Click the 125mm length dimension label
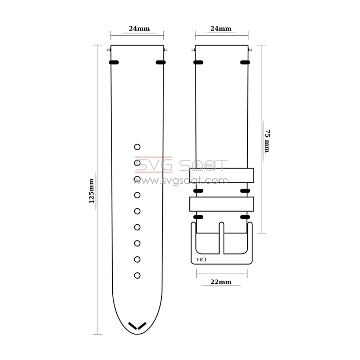91,191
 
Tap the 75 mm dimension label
267,141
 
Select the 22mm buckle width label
221,282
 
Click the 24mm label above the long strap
139,29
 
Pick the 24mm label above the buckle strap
221,29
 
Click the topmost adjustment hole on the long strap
137,147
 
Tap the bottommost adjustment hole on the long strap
137,275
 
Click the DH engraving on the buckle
201,260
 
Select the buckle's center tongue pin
221,238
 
